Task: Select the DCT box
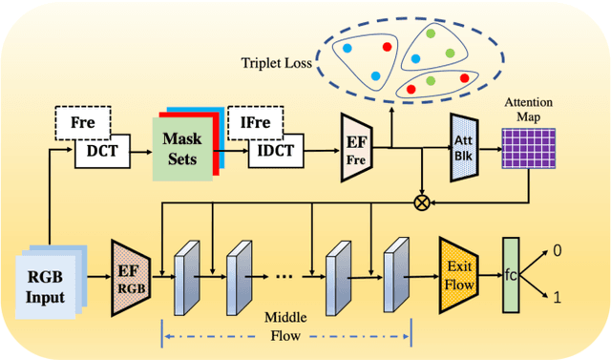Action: [x=102, y=151]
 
